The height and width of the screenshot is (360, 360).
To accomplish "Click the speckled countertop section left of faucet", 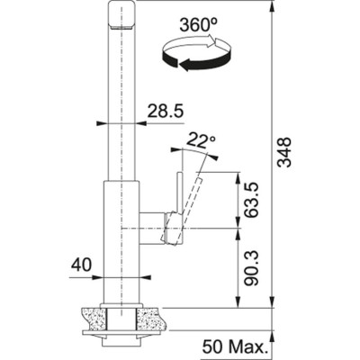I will click(x=91, y=317).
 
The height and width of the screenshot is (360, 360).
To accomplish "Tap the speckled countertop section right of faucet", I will click(x=152, y=317).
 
